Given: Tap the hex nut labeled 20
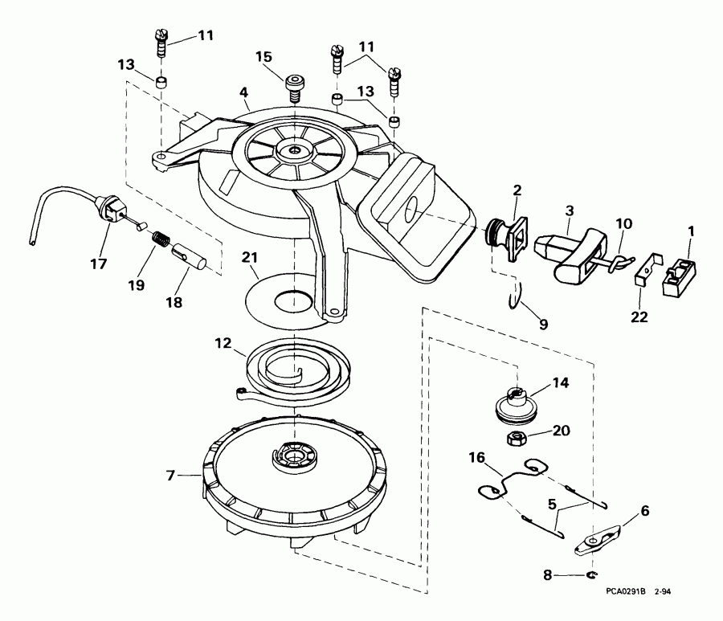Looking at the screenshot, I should pos(515,439).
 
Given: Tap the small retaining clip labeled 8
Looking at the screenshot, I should pos(592,574).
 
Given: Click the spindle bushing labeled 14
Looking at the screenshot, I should pos(515,401).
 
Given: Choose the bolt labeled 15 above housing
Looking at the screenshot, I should pos(295,85).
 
